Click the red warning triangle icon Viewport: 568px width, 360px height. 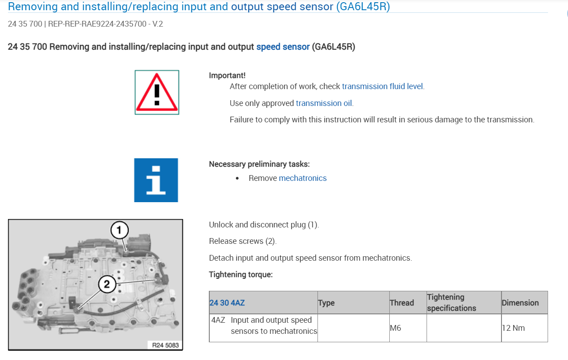click(157, 92)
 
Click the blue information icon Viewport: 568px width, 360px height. click(156, 180)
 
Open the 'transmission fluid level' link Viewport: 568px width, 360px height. click(383, 86)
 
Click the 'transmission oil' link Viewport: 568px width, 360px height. click(324, 103)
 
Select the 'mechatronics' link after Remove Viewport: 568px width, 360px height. click(302, 178)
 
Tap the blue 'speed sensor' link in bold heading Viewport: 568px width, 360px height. click(283, 47)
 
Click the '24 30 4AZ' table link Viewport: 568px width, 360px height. click(227, 303)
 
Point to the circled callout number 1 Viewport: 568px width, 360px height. click(119, 231)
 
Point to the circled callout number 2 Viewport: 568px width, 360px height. click(107, 284)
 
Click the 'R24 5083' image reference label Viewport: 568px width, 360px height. click(165, 345)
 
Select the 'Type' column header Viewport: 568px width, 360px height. click(326, 303)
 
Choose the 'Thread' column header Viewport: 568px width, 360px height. click(402, 303)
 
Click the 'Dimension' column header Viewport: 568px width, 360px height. click(520, 303)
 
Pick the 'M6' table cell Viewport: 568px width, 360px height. click(396, 329)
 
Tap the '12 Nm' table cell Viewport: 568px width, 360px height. click(513, 329)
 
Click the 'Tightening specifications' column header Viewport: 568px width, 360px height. click(451, 303)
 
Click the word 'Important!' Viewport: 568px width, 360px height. click(227, 76)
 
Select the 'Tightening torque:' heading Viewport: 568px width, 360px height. click(241, 274)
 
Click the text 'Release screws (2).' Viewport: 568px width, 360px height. click(243, 241)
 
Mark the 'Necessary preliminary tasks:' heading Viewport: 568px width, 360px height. click(259, 164)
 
